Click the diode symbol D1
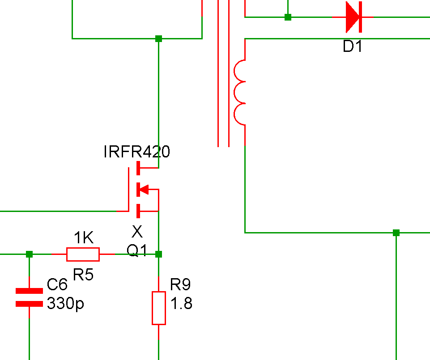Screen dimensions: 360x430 point(353,17)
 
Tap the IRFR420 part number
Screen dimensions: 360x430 point(136,152)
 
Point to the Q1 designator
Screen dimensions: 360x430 point(137,251)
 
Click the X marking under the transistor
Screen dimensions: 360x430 point(137,232)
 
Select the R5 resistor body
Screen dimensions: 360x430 point(83,254)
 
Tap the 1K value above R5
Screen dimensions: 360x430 point(84,237)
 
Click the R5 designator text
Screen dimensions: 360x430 point(83,274)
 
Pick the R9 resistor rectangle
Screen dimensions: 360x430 point(158,308)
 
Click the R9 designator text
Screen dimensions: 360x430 point(180,284)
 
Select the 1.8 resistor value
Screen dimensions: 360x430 point(181,304)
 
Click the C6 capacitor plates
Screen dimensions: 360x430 point(29,297)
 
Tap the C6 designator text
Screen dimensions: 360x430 point(57,284)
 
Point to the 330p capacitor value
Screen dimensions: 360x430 point(65,304)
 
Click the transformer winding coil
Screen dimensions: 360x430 point(240,93)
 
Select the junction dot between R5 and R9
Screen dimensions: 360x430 point(158,254)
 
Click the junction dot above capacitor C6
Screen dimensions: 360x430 point(29,254)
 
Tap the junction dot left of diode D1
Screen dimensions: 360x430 point(288,17)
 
